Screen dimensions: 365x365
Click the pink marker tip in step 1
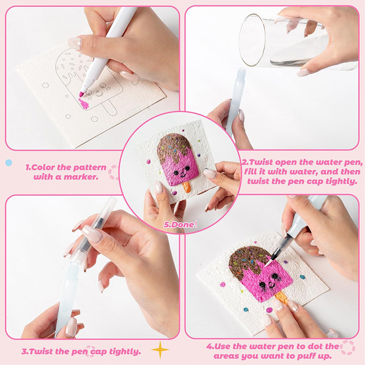(x=82, y=94)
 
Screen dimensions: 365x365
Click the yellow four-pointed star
(x=160, y=349)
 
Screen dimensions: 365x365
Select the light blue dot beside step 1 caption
(x=9, y=162)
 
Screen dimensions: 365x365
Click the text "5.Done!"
(x=180, y=224)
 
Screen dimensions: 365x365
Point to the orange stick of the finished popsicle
(x=187, y=187)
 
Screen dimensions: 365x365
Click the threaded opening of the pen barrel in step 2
(x=241, y=73)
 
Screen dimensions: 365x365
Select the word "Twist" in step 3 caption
(x=42, y=351)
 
